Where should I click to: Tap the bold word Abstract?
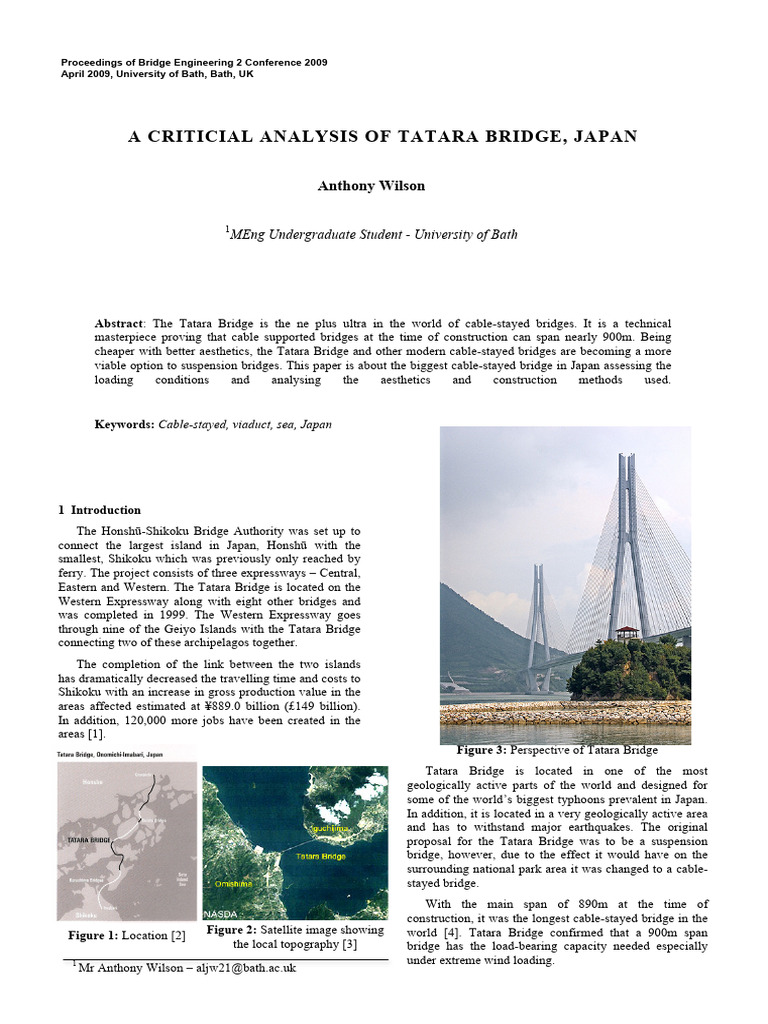pos(119,324)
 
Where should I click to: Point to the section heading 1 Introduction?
pos(99,510)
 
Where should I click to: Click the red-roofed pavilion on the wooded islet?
pos(627,634)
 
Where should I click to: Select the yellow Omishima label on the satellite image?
pos(231,884)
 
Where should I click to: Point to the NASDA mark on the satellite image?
pos(220,915)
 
